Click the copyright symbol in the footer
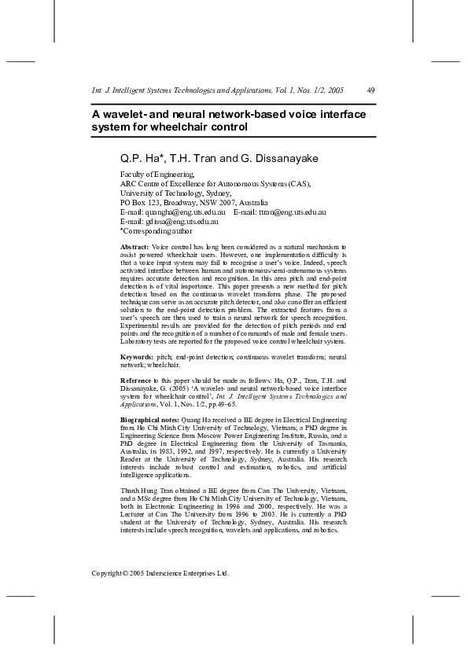125,573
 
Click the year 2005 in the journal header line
335,90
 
